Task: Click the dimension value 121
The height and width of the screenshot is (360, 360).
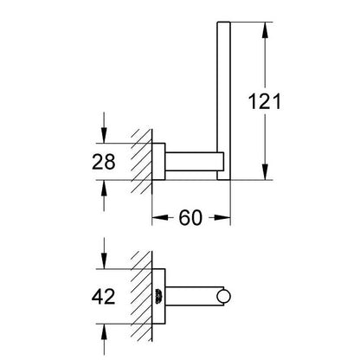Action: (265, 101)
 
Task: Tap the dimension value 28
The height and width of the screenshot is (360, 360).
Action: (104, 162)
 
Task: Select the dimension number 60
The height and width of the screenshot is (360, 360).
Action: (190, 218)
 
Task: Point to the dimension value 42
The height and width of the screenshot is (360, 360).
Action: (104, 296)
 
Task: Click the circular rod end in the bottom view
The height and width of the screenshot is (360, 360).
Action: (223, 297)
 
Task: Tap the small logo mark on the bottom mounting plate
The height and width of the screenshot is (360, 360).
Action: (158, 296)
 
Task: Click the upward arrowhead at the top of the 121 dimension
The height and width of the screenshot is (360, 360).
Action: (265, 29)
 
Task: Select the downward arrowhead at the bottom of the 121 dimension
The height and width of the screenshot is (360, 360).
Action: (265, 172)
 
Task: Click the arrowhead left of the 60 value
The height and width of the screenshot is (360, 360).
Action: (160, 217)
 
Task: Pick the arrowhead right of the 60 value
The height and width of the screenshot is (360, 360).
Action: (222, 217)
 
